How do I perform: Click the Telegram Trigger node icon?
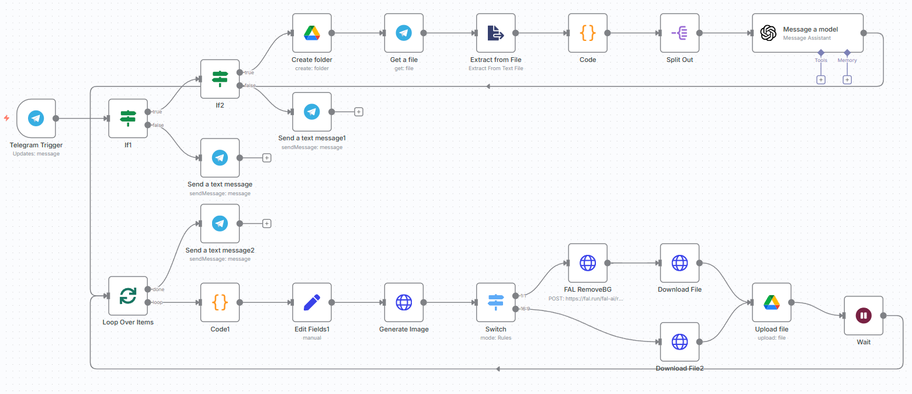(x=36, y=118)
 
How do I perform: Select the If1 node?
(x=128, y=118)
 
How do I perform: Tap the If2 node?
(x=220, y=79)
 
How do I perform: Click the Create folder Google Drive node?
(x=312, y=33)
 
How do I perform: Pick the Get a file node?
(x=404, y=33)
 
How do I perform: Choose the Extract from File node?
(x=495, y=33)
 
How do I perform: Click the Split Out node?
(x=679, y=33)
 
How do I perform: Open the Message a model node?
(x=807, y=33)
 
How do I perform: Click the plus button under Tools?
(x=821, y=80)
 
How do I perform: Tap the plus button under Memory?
(x=847, y=80)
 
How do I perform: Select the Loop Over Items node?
(x=128, y=296)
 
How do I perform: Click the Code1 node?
(x=220, y=302)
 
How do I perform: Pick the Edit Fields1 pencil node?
(x=312, y=302)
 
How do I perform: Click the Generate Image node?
(x=404, y=302)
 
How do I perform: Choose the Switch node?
(x=495, y=302)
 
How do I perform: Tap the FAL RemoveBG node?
(x=587, y=263)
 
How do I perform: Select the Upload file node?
(x=771, y=302)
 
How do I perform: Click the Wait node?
(x=863, y=316)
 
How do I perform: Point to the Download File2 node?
(x=679, y=341)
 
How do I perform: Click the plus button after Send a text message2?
(x=267, y=223)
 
